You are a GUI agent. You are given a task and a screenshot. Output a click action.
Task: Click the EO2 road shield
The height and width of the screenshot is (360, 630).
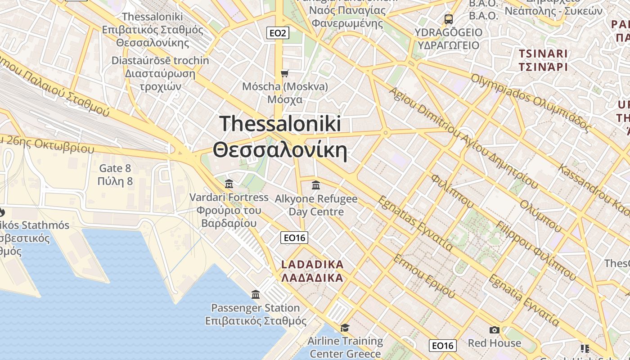277,32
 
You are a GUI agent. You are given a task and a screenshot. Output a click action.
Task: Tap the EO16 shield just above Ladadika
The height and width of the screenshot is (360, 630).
294,238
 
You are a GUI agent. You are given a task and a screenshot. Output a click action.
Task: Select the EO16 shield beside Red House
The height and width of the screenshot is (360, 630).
442,345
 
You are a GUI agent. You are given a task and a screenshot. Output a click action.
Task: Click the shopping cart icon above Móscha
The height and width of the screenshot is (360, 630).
284,73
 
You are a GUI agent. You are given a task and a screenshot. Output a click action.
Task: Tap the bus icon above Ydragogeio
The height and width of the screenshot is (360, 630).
448,19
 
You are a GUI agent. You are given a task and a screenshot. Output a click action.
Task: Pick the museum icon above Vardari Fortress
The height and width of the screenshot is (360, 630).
229,184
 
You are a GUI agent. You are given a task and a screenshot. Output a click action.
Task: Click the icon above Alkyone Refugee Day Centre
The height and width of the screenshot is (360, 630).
316,185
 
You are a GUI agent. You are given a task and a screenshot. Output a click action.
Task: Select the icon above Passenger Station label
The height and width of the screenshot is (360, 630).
256,295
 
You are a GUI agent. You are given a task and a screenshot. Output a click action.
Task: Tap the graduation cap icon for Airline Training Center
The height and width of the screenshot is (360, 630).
345,328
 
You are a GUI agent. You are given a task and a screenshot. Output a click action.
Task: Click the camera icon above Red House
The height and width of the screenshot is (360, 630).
494,330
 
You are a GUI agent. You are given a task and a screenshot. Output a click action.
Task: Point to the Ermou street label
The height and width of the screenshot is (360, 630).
424,275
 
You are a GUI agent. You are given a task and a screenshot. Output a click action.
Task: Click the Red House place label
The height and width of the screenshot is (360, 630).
494,343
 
